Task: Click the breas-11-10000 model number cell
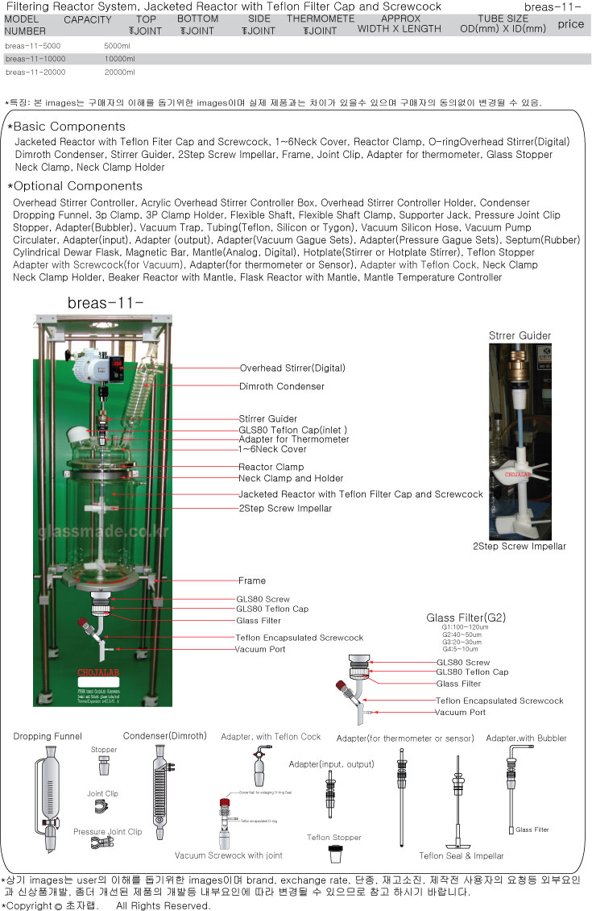(34, 59)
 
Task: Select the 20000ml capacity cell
(120, 73)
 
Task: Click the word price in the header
(570, 24)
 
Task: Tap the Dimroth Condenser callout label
(281, 386)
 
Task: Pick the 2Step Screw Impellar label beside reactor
(284, 509)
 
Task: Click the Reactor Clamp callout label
(271, 468)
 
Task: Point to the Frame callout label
(251, 580)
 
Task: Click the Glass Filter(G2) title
(466, 618)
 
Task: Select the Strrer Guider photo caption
(520, 335)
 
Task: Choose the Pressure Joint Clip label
(107, 832)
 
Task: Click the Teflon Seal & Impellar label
(462, 856)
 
